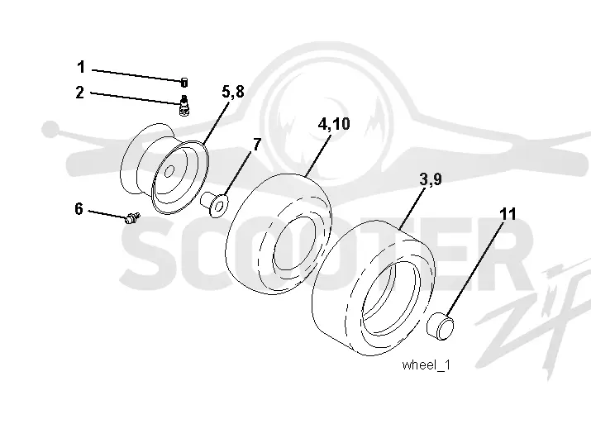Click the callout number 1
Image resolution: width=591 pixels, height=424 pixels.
tap(81, 67)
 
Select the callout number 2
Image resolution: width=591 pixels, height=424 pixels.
tap(80, 92)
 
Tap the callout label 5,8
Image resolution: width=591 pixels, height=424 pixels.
tap(233, 92)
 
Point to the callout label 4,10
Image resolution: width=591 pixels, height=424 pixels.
tap(334, 124)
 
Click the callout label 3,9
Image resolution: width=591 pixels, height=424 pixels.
tap(431, 179)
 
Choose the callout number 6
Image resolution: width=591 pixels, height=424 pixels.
tap(79, 208)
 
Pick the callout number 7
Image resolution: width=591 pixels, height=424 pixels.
tap(257, 145)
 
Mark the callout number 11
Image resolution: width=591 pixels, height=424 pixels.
tap(508, 214)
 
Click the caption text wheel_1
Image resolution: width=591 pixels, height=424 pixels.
tap(426, 364)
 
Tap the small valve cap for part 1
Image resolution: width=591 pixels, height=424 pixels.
tap(184, 82)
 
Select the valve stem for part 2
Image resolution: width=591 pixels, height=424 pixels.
tap(184, 106)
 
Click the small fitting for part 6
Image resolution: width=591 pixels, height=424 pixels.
tap(132, 218)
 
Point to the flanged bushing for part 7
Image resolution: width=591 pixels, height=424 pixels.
tap(214, 204)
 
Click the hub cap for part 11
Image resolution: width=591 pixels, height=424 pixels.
tap(441, 326)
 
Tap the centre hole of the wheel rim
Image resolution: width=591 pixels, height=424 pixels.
tap(169, 171)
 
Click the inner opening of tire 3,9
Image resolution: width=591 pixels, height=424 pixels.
tap(390, 299)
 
